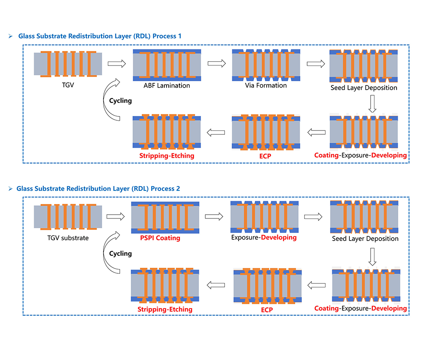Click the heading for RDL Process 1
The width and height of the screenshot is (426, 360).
(x=100, y=36)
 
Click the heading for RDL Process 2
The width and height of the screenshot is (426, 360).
(x=98, y=188)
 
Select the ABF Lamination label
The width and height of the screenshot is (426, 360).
(x=167, y=85)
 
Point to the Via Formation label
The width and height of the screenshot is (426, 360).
(x=265, y=85)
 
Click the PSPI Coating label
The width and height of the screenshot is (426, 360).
(x=160, y=238)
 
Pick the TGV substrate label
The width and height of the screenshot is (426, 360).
(x=68, y=238)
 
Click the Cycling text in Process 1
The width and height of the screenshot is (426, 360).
(x=120, y=101)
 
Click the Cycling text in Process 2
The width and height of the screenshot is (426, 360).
(x=120, y=253)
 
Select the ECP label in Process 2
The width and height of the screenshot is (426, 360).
(x=267, y=310)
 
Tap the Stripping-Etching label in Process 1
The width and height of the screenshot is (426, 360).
(x=167, y=156)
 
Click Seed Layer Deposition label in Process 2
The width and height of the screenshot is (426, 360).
(x=365, y=239)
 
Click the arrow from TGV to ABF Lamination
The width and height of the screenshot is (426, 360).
(x=117, y=64)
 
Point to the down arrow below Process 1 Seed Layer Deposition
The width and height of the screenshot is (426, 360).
(x=372, y=104)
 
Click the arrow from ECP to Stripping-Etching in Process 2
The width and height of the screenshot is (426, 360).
(x=216, y=285)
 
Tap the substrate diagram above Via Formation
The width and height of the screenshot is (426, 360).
(x=266, y=65)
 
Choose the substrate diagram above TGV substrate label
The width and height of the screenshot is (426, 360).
(x=68, y=217)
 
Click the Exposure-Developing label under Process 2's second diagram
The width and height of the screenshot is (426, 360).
(x=264, y=238)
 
